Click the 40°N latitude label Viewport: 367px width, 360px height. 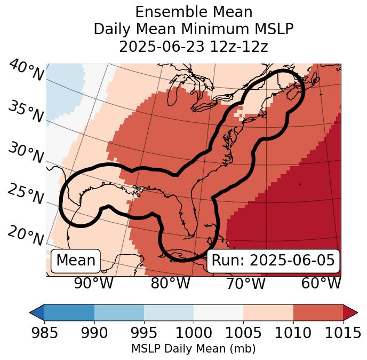pos(26,71)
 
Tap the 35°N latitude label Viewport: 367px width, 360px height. pos(26,111)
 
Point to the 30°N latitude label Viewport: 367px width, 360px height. pos(26,153)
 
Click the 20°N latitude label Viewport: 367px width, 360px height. pos(26,235)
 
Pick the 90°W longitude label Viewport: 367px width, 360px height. pos(93,283)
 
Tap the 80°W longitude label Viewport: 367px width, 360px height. pos(170,283)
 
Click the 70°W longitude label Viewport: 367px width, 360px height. pos(246,283)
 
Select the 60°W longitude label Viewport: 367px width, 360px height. pos(321,283)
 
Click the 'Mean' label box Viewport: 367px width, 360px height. pos(76,261)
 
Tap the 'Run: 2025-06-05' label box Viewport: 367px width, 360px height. pos(273,261)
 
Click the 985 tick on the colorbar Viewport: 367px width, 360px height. pos(44,333)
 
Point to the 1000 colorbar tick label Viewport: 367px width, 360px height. pos(194,333)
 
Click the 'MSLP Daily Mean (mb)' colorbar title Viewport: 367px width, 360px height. pos(193,349)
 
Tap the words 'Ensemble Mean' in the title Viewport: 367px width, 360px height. pos(194,12)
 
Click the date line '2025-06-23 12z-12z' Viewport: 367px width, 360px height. pos(194,46)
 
